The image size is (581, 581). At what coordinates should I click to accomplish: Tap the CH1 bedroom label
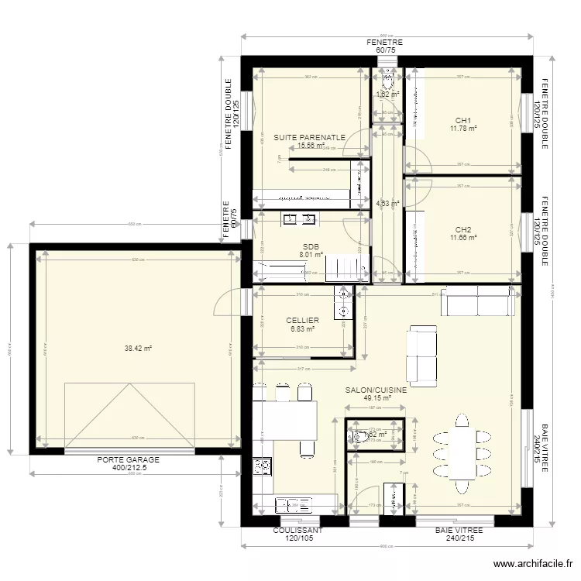[463, 120]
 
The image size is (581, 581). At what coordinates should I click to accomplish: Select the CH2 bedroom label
[463, 229]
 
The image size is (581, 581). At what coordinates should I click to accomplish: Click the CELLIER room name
[302, 320]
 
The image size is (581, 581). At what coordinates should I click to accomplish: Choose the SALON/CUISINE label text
[376, 391]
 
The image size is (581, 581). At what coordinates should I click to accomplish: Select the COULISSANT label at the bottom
[297, 531]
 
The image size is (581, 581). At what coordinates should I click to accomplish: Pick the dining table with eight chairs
[462, 454]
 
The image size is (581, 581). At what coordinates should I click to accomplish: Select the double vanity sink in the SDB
[298, 219]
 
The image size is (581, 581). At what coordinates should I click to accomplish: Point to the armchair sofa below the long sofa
[421, 356]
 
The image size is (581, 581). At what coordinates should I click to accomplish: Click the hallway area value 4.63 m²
[387, 204]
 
